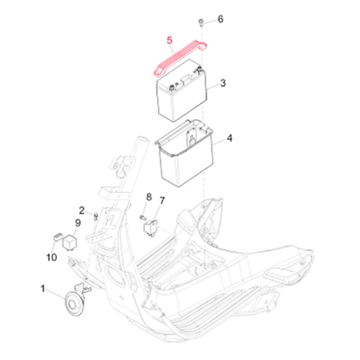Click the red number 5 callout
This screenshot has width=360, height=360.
click(169, 40)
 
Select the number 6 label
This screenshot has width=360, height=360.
click(220, 19)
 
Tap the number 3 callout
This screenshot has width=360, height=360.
click(223, 83)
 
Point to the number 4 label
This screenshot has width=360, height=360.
click(229, 138)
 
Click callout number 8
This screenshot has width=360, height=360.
click(149, 197)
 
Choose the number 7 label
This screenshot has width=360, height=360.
click(162, 200)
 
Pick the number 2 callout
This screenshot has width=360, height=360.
click(82, 211)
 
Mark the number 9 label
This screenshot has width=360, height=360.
click(78, 223)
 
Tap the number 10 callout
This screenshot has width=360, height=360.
click(52, 257)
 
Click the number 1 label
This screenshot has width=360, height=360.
click(43, 289)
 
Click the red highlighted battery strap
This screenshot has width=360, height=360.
click(181, 57)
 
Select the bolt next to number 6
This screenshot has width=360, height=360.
click(200, 23)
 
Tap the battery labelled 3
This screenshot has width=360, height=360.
click(182, 91)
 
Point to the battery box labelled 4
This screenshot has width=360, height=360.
click(184, 154)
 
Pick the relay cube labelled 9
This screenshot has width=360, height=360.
click(70, 242)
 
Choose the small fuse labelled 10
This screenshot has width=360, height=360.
click(58, 237)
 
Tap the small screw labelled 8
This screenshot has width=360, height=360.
click(143, 217)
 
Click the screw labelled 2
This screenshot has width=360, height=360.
click(96, 217)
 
